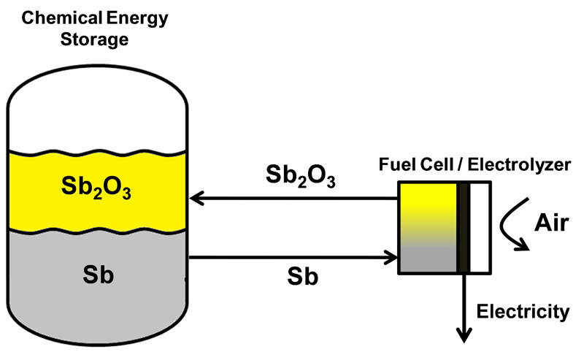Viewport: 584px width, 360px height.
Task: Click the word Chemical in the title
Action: [x=62, y=18]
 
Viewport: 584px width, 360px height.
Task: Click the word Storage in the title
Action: [x=95, y=39]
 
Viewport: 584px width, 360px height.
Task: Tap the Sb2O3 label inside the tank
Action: [x=96, y=187]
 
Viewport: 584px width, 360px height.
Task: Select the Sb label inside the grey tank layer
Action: [x=99, y=275]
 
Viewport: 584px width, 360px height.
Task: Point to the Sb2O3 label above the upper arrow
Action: [x=301, y=175]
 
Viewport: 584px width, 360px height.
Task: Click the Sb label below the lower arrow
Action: [x=302, y=277]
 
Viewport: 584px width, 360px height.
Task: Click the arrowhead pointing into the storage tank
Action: [x=196, y=199]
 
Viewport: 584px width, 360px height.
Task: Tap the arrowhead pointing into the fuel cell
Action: [x=391, y=258]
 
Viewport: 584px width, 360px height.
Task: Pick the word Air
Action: [x=552, y=223]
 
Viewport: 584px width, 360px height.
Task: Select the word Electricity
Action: [x=523, y=311]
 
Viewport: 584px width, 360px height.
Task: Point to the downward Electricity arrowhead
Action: [x=464, y=335]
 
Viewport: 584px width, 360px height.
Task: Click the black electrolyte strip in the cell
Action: [x=464, y=228]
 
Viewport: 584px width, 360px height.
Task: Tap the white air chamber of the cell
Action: [x=480, y=228]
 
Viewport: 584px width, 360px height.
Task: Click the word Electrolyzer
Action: [x=519, y=165]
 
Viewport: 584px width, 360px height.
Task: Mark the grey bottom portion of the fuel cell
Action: [x=429, y=260]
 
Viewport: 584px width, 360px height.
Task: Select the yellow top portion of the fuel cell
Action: [x=429, y=197]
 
